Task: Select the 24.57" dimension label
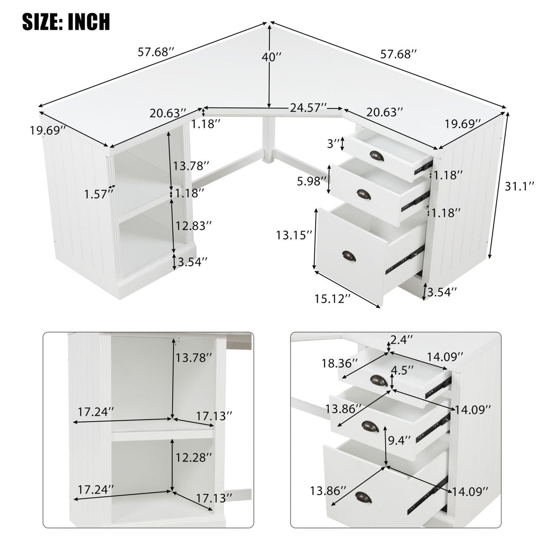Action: click(x=308, y=108)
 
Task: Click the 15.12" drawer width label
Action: click(x=332, y=299)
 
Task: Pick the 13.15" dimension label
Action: click(x=294, y=234)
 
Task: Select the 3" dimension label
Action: click(x=333, y=143)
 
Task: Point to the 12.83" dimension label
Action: click(x=194, y=225)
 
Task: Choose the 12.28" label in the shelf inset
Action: click(x=194, y=456)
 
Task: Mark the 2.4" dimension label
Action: click(x=402, y=338)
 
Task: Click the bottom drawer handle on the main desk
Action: click(x=348, y=256)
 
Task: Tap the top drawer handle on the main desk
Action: click(x=376, y=156)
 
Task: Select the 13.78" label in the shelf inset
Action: click(x=194, y=357)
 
